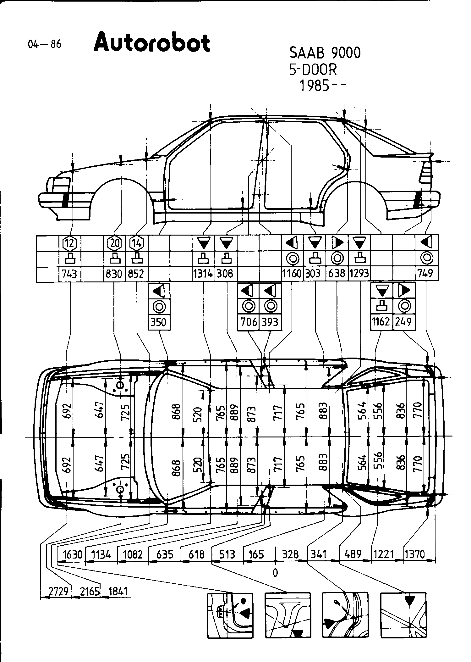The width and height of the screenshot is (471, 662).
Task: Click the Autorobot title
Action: [x=151, y=43]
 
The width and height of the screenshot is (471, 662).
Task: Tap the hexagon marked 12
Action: [x=70, y=243]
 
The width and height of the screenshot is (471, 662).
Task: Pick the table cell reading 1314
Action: [x=203, y=274]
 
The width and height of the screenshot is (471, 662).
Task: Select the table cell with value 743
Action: [x=70, y=274]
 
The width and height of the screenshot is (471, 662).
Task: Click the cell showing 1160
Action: [x=292, y=274]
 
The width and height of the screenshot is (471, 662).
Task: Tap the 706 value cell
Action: [x=249, y=322]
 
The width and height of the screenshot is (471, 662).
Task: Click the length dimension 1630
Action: [x=73, y=554]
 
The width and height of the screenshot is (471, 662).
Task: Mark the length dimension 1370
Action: [x=415, y=554]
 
